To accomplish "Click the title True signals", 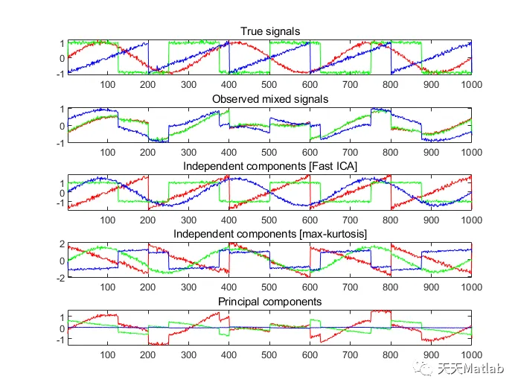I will [x=269, y=31].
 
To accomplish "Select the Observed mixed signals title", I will [x=269, y=98].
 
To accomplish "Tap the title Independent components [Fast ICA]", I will [x=269, y=166].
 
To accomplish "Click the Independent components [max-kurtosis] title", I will [x=269, y=234].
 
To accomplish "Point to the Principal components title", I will [x=269, y=302].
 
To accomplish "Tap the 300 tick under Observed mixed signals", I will [x=189, y=152].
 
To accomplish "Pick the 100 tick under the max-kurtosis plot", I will [x=109, y=287].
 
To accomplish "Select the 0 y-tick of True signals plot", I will [x=62, y=58].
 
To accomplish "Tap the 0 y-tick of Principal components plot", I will [x=62, y=328].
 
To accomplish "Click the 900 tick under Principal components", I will [x=430, y=355].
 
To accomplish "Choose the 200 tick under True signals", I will [x=149, y=84].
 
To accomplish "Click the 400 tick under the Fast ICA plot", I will [x=229, y=220].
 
